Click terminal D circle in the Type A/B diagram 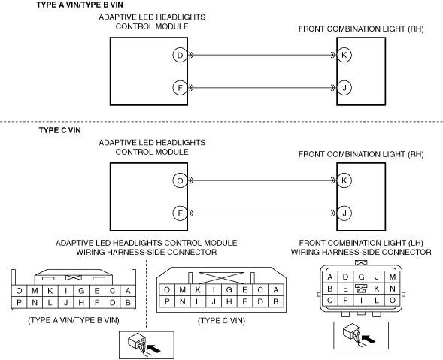[x=180, y=55]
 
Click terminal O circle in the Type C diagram [x=180, y=180]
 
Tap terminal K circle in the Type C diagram [x=344, y=180]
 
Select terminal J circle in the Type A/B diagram [x=344, y=88]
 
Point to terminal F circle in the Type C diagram [x=180, y=213]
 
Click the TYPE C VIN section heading [x=60, y=130]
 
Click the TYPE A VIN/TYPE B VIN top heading [x=80, y=5]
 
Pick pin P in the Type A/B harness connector [x=19, y=303]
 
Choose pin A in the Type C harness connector [x=276, y=290]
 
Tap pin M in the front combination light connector [x=392, y=277]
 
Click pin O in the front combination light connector [x=392, y=301]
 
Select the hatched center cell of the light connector [x=361, y=289]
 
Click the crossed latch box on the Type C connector [x=221, y=278]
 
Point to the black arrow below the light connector [x=369, y=338]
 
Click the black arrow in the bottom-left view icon [x=153, y=349]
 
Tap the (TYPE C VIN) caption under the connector [x=221, y=321]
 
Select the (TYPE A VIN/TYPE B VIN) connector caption [x=74, y=320]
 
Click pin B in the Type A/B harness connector [x=128, y=303]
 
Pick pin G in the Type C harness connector [x=229, y=290]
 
